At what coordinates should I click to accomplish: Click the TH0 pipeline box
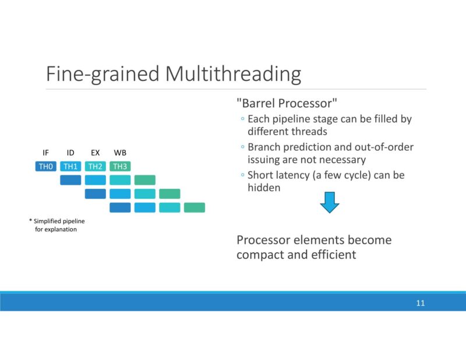[x=46, y=167]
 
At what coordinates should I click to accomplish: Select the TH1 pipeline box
[x=70, y=167]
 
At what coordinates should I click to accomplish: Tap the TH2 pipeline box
[x=96, y=167]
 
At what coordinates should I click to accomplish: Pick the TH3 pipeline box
[x=120, y=167]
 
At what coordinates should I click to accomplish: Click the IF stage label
[x=46, y=153]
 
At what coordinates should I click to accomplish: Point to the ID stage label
[x=70, y=153]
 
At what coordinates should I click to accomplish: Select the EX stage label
[x=96, y=153]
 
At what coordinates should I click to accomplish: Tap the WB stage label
[x=120, y=153]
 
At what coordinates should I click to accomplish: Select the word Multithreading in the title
[x=233, y=75]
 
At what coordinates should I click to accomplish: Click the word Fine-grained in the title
[x=103, y=75]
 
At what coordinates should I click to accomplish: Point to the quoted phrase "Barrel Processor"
[x=287, y=104]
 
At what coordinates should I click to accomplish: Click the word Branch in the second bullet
[x=265, y=147]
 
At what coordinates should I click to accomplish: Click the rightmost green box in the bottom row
[x=194, y=207]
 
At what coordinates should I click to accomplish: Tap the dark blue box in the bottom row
[x=120, y=207]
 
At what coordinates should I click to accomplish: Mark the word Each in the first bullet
[x=258, y=119]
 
